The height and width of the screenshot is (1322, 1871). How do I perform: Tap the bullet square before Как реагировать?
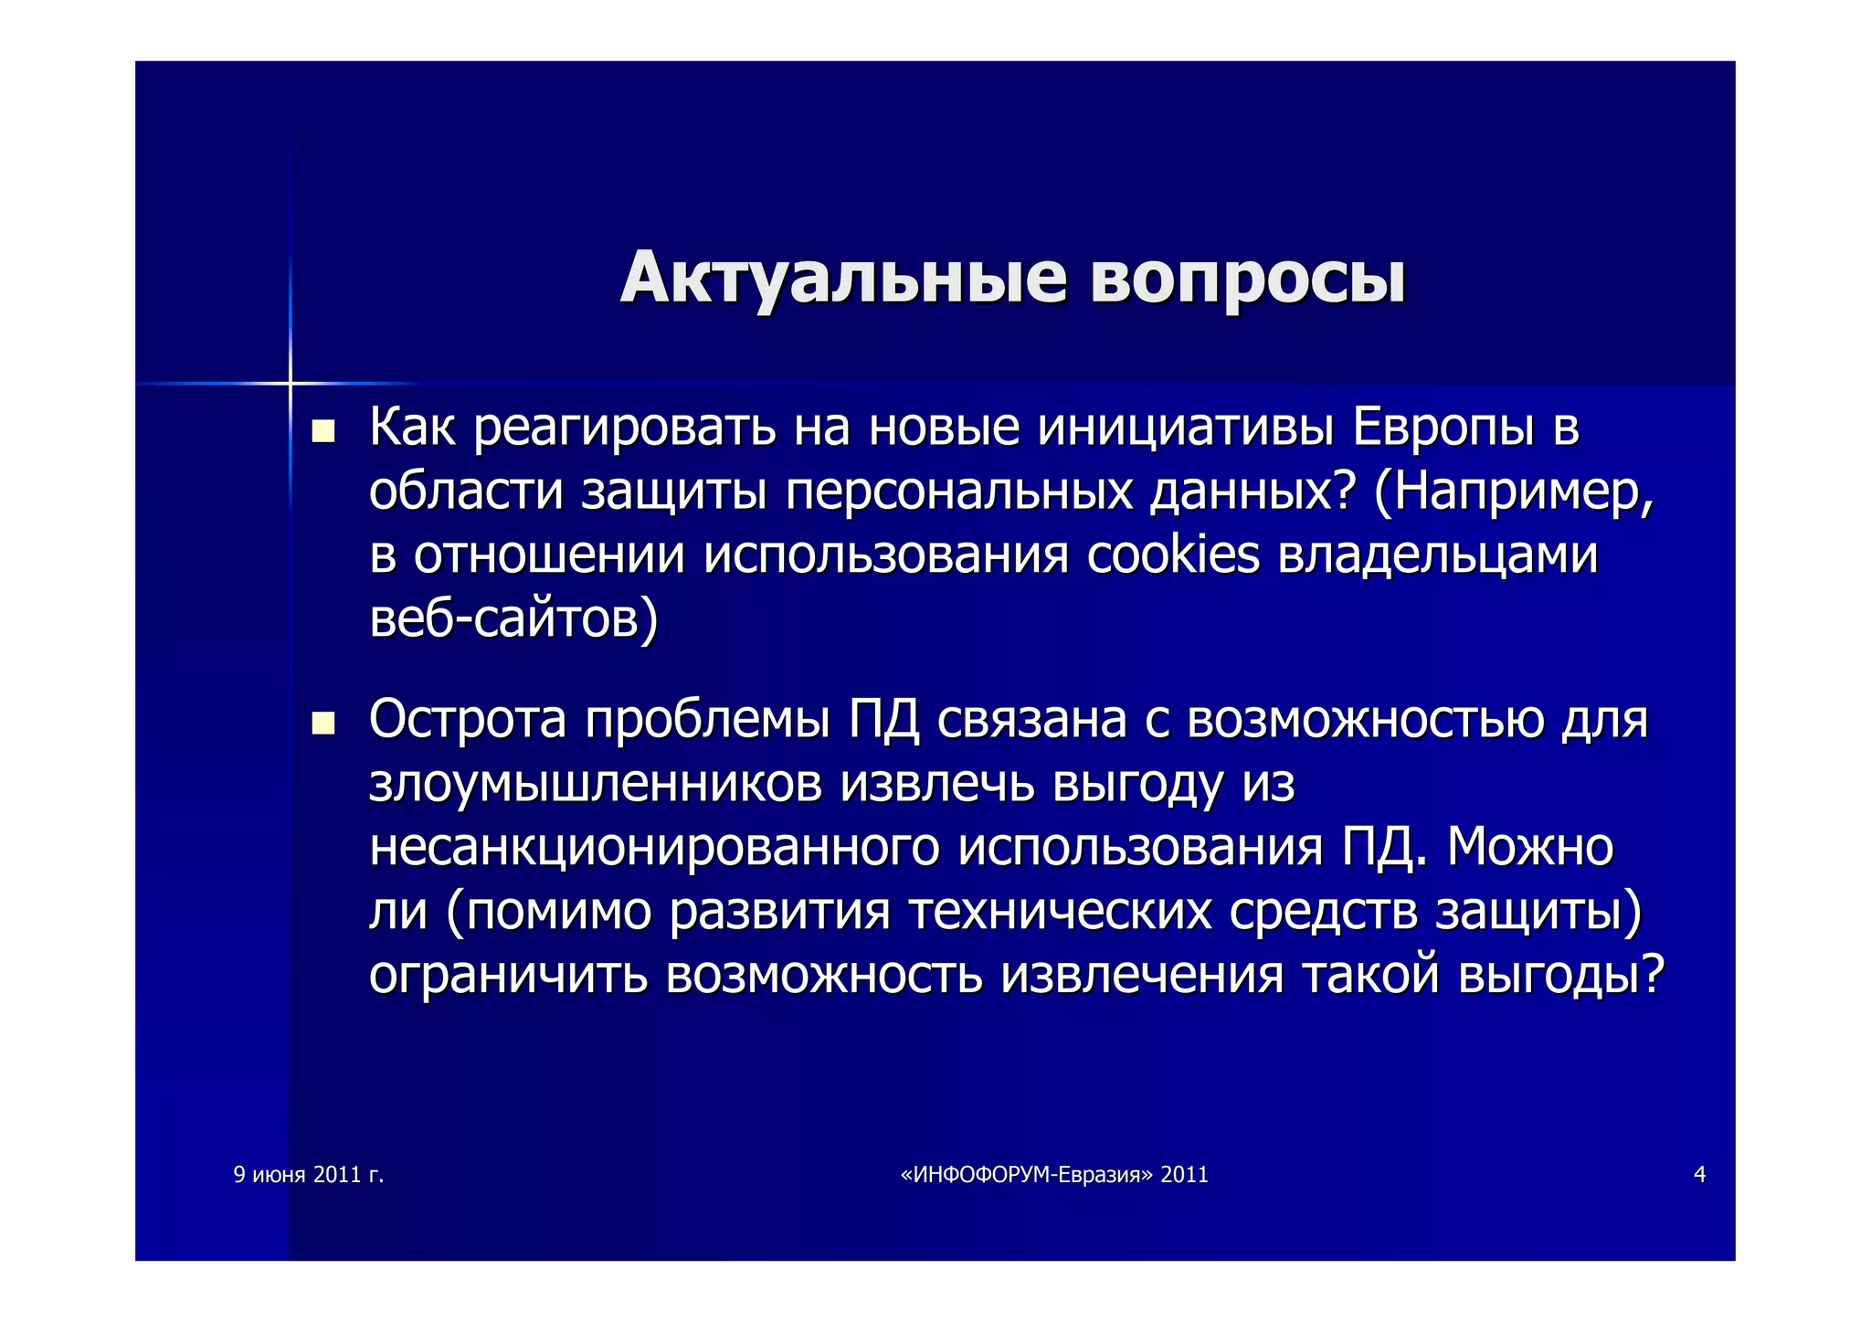[322, 430]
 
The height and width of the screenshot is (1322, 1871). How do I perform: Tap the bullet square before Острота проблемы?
[322, 724]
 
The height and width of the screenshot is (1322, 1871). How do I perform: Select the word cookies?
[1173, 555]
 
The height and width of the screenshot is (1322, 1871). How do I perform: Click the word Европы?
[1443, 427]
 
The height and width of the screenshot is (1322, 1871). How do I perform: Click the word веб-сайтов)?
[513, 619]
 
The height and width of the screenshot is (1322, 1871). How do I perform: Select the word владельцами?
[1437, 555]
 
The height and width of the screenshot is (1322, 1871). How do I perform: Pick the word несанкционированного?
[654, 847]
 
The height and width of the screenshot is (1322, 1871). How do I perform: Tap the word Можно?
[1530, 847]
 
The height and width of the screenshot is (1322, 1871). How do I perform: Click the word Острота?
[468, 720]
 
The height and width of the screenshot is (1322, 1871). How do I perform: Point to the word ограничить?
[508, 974]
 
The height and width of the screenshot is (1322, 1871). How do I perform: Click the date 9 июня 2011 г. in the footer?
[309, 1175]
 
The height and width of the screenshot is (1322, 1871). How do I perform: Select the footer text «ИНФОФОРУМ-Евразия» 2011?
[1054, 1175]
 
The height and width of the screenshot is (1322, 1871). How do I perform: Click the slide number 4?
[1699, 1175]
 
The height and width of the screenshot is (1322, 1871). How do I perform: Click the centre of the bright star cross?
[290, 383]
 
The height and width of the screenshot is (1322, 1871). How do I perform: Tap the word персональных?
[958, 492]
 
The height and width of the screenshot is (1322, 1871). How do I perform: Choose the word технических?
[1060, 911]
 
